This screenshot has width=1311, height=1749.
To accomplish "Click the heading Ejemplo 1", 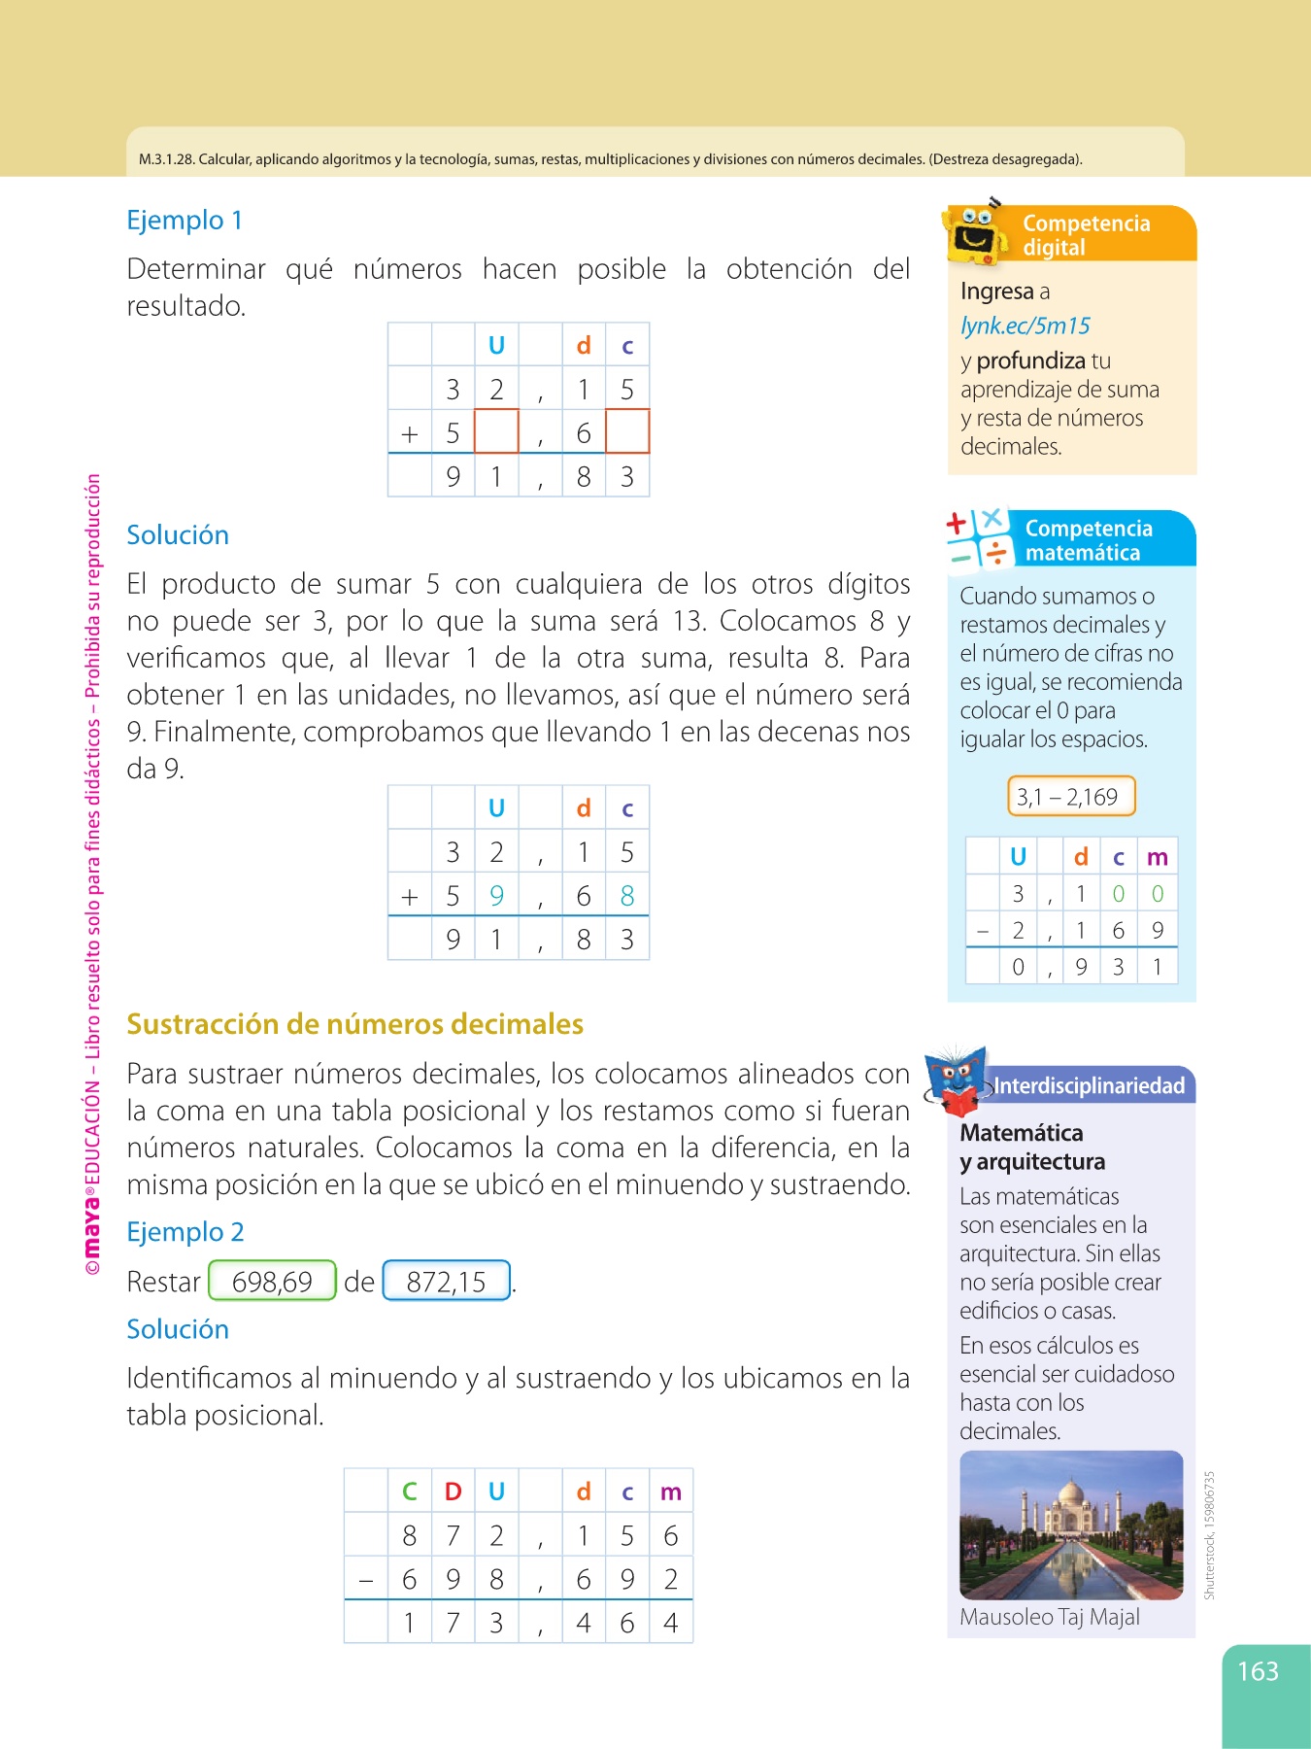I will pos(185,221).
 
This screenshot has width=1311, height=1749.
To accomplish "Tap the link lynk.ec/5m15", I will pos(1025,326).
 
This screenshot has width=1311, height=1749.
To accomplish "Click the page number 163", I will pos(1258,1671).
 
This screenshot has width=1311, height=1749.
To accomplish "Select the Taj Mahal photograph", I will pos(1070,1525).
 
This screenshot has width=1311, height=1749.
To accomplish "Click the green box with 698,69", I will pos(272,1282).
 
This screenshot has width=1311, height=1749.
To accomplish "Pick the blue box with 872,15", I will pos(447,1282).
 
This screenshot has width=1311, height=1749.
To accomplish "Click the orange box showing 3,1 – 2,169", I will pos(1070,797).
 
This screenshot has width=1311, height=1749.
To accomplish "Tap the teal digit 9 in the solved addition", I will pos(496,896).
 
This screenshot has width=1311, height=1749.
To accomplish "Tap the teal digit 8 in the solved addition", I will pos(627,896).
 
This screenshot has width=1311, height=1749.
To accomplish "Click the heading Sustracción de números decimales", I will pos(354,1024).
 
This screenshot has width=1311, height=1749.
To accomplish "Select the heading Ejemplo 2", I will pos(185,1232).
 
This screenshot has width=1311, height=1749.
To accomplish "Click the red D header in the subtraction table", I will pos(453,1492).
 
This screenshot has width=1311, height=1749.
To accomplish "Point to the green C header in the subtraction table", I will pos(410,1492).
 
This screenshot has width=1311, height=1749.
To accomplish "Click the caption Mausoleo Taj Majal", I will pos(1049,1617).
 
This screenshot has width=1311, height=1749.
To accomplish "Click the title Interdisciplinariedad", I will pos(1089,1085).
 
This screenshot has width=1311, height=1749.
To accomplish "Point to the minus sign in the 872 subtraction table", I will pos(366,1580).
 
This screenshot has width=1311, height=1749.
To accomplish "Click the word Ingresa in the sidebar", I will pos(996,291).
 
